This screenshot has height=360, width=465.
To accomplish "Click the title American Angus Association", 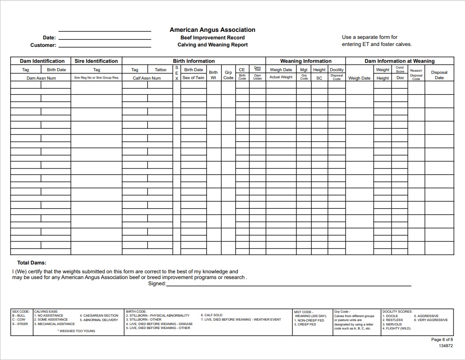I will pos(212,30).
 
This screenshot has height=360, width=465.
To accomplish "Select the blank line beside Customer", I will pos(105,45).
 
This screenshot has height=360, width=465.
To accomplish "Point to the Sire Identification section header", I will pos(96,61).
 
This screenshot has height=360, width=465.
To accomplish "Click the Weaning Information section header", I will pos(305,61).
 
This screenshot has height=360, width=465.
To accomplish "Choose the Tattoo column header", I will pos(161,69).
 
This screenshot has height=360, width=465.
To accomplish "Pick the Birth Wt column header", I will pos(213,75).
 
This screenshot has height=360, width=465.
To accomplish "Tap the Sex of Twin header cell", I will pos(193,78).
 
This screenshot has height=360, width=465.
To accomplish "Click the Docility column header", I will pos(336,69).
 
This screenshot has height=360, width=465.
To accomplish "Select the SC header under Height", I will pos(319,78).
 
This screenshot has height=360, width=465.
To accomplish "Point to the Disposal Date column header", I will pos(439,75).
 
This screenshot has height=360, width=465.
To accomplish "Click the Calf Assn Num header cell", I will pos(147,78).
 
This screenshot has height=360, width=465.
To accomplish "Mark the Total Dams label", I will pos(32,263).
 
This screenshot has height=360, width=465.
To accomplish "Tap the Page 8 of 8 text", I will pos(442,340).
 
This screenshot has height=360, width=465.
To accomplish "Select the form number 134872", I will pos(445,346).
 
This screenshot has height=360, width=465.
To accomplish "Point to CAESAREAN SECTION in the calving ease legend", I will pos(99,315).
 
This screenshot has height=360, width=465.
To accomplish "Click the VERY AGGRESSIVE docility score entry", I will pos(431,320).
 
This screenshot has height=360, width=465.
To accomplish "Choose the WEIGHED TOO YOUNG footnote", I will pos(77,331).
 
